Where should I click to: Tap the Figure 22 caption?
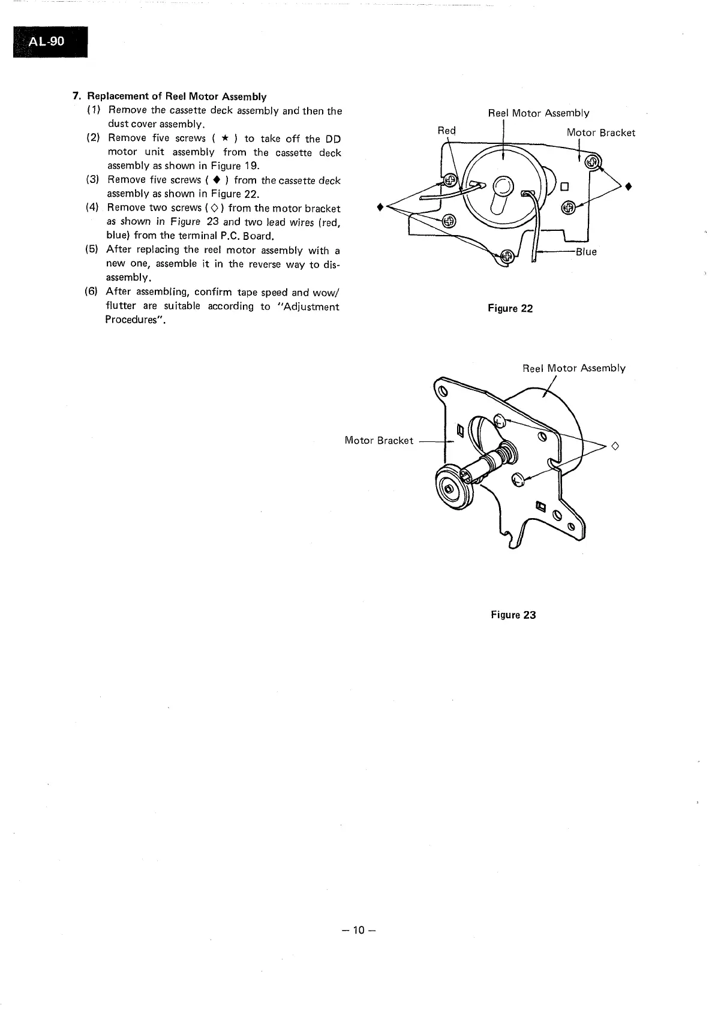(x=510, y=309)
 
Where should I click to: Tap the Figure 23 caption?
(x=513, y=615)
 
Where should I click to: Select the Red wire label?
(x=446, y=131)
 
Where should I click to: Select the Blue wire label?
(x=586, y=252)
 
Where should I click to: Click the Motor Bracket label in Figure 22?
(x=600, y=133)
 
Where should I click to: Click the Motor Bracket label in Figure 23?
(x=378, y=441)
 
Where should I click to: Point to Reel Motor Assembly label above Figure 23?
(x=573, y=368)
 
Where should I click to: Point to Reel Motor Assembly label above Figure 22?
(x=538, y=113)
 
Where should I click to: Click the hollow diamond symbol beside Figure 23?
(x=614, y=446)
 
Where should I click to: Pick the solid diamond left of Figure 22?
(x=378, y=207)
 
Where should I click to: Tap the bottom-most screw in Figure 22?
(x=507, y=257)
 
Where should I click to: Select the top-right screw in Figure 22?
(x=592, y=162)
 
